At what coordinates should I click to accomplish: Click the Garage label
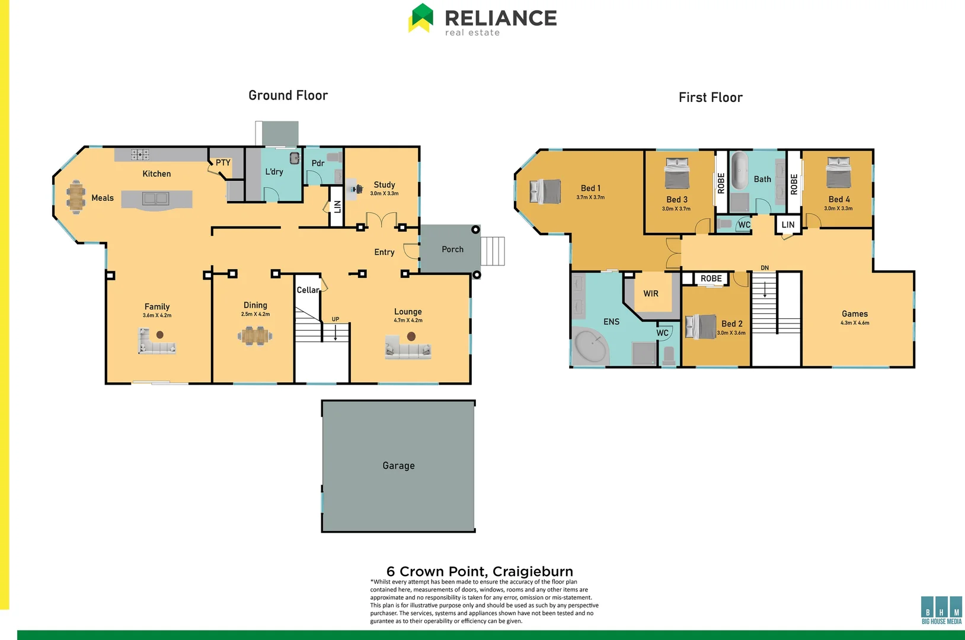point(398,466)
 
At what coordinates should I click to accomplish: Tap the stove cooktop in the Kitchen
point(140,155)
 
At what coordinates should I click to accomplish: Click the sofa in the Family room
point(156,343)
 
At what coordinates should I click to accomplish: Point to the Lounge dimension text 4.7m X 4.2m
point(408,321)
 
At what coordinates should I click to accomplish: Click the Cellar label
point(308,290)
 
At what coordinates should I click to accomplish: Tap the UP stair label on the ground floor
point(335,319)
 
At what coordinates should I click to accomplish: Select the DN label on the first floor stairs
point(765,268)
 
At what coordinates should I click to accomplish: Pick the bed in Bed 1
point(545,191)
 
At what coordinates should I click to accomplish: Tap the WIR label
point(651,294)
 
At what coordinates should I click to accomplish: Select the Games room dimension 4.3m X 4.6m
point(854,323)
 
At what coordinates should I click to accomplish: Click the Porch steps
point(493,251)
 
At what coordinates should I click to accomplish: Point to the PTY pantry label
point(223,162)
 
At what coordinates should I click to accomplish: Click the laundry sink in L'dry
point(295,158)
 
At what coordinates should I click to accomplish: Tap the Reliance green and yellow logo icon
point(421,18)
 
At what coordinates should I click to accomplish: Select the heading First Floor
point(710,98)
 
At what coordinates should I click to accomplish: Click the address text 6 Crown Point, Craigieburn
point(480,571)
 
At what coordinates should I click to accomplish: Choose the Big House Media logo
point(941,610)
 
